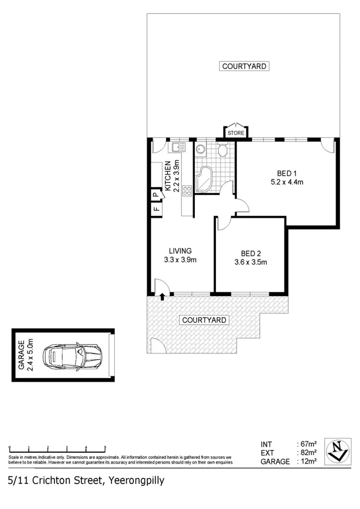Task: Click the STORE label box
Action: point(236,133)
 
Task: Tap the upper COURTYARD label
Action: point(244,66)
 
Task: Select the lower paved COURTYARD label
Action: point(204,319)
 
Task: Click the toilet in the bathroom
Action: point(222,151)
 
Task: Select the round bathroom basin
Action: point(201,150)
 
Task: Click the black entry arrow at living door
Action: point(162,296)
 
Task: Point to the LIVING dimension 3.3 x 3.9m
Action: point(180,259)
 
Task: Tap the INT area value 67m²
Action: point(307,443)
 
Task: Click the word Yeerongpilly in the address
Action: point(137,480)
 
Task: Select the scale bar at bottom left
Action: point(57,447)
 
